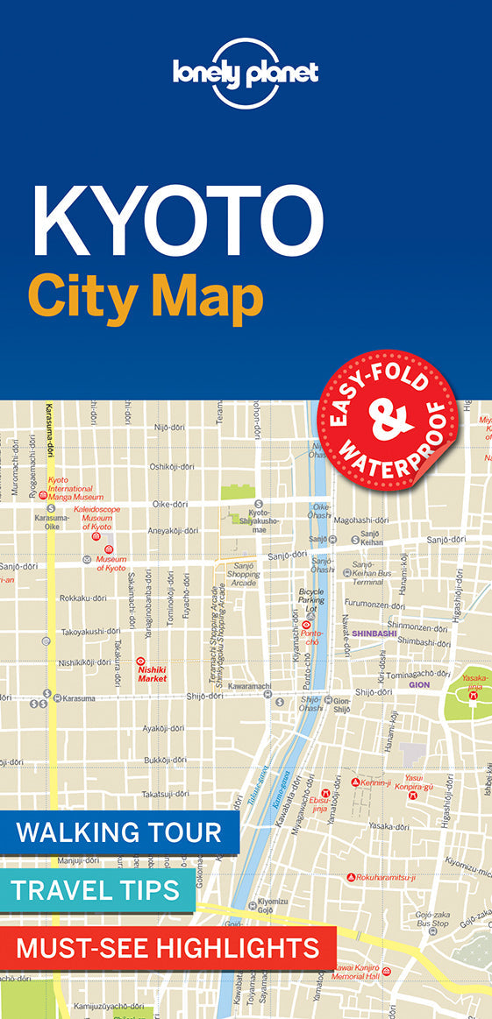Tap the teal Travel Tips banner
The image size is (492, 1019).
point(96,891)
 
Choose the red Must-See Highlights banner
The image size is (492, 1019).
point(168,947)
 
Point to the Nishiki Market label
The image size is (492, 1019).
point(152,673)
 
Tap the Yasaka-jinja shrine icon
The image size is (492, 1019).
point(474,695)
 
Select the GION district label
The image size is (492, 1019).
point(419,684)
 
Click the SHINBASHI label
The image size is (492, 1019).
point(374,633)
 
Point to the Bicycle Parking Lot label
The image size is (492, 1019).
point(311,600)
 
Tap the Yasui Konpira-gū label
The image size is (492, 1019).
point(418,782)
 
